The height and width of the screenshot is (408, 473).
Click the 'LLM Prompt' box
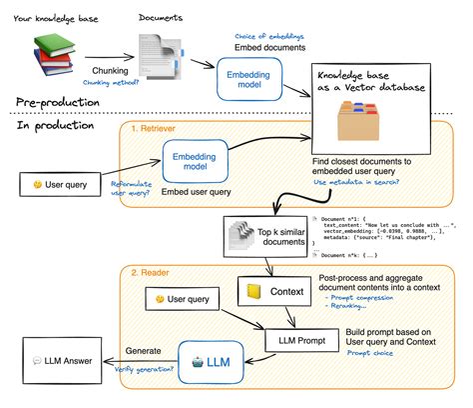tap(299, 341)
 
